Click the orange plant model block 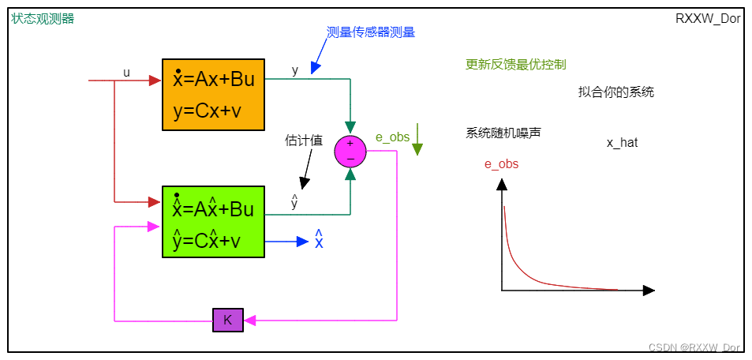pos(213,94)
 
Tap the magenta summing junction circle pos(350,152)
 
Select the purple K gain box pos(228,320)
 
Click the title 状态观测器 pos(43,18)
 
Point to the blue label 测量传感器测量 pos(371,32)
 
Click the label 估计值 pos(304,141)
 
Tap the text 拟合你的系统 pos(615,92)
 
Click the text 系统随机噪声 pos(503,133)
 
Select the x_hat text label pos(622,143)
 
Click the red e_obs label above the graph pos(501,164)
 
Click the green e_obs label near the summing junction pos(392,137)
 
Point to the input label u pos(126,73)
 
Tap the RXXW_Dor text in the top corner pos(708,18)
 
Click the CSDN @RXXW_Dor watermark pos(694,347)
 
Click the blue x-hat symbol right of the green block pos(319,239)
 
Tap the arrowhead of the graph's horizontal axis pos(649,291)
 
